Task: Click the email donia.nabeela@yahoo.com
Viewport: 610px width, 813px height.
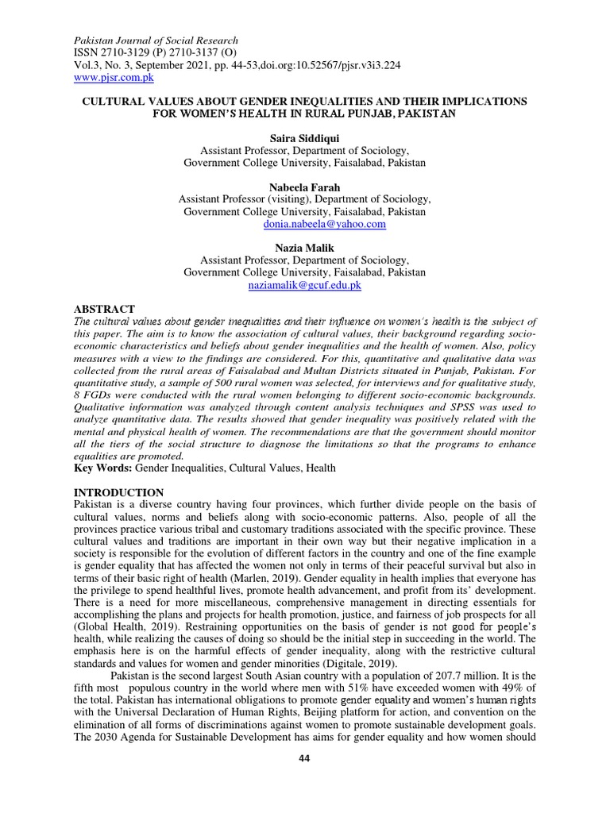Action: point(324,225)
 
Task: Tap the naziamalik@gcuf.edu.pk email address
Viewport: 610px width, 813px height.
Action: point(305,284)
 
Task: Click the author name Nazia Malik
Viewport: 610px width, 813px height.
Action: point(305,249)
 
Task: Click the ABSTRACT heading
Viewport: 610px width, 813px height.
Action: point(104,308)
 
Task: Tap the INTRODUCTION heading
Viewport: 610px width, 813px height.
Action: point(118,493)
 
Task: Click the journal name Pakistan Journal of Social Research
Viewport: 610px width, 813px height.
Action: point(156,40)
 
